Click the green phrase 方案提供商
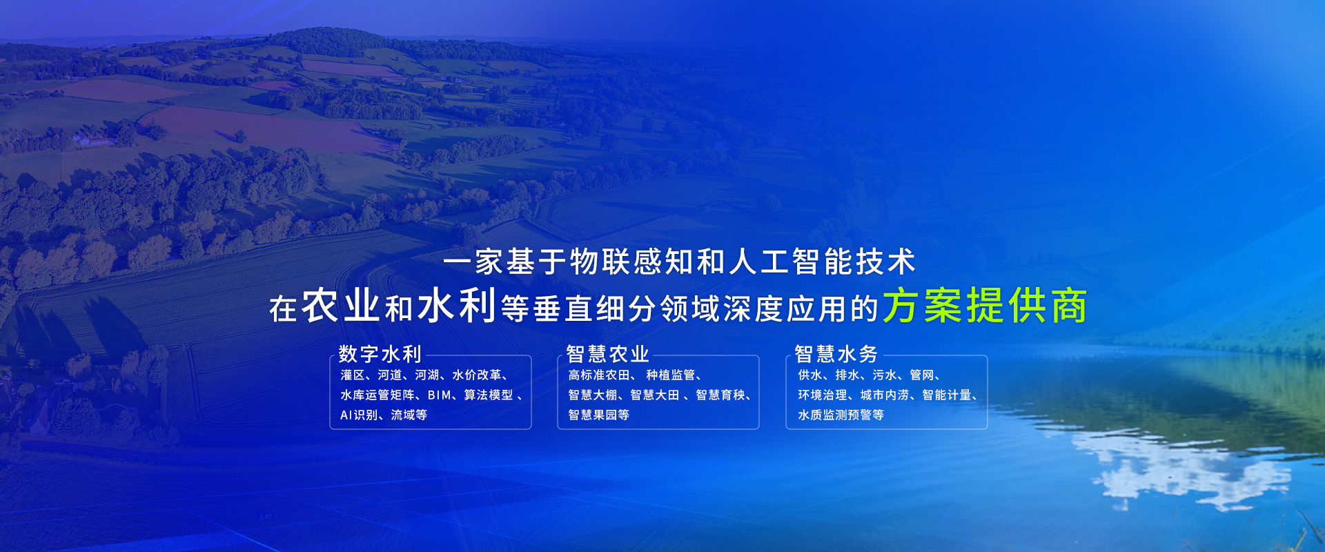985,306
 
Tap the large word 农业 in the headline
341,306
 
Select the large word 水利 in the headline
457,306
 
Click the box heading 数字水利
380,354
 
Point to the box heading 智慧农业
607,354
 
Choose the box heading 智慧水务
836,354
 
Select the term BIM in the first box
440,395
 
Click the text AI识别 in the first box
359,415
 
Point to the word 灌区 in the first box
353,375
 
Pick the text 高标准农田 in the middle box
599,375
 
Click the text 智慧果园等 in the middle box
599,415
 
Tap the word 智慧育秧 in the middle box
720,395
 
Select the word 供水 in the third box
810,375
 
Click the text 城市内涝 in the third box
885,395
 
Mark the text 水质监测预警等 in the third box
841,415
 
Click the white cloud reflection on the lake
1187,469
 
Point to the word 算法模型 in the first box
489,395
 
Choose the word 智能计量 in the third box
947,395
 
